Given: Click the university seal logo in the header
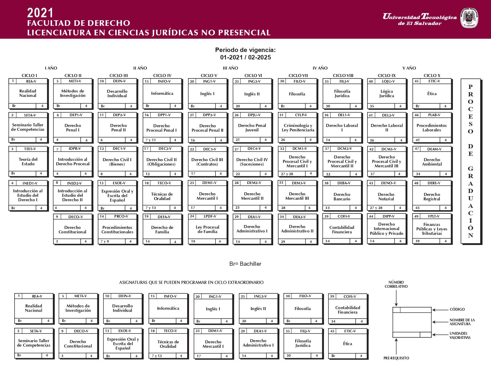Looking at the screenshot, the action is point(469,18).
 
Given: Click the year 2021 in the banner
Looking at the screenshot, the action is point(40,13).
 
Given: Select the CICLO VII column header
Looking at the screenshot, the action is point(298,76).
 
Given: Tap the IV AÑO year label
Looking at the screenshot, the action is point(320,68).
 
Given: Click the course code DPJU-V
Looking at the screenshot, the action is point(254,115).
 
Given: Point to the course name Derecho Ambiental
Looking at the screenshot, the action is point(432,162).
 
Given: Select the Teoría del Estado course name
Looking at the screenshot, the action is point(28,162).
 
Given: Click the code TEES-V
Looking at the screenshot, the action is point(30,149).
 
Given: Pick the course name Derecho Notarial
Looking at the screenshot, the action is point(386,196).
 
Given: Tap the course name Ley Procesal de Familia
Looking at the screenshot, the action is point(207,229).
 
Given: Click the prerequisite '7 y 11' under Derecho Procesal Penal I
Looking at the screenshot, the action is point(151,140).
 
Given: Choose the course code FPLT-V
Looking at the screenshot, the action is point(434,216).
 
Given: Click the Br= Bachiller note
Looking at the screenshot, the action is point(245,264).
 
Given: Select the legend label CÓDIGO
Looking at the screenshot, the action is point(457,309).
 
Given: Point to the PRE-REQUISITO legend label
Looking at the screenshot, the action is point(396,358).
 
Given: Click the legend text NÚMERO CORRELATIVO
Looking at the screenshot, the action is point(396,284).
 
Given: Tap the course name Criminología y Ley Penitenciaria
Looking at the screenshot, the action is point(298,128).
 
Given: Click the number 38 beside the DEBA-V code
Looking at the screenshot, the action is point(326,183).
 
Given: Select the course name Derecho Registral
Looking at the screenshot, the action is point(432,196).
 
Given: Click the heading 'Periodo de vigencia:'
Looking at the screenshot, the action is point(245,50).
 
